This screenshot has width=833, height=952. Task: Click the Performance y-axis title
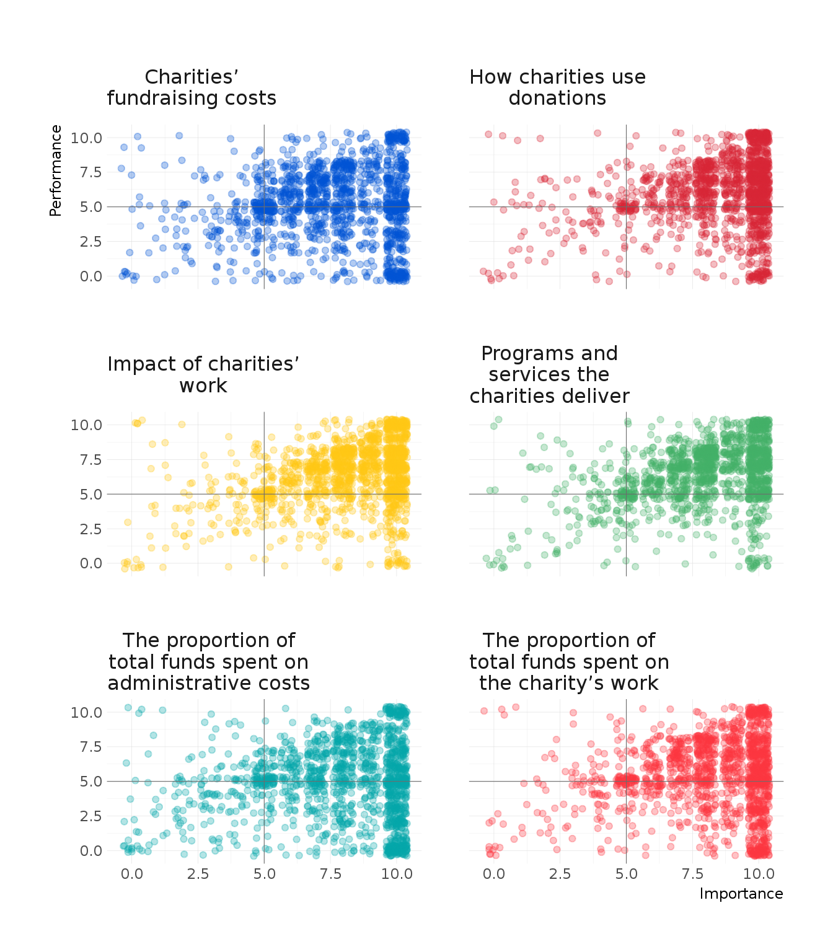[56, 170]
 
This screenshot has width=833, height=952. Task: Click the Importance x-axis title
[741, 894]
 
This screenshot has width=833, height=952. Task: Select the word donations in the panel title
[557, 99]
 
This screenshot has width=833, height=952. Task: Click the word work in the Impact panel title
[203, 386]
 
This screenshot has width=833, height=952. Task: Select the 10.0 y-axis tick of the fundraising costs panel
[86, 138]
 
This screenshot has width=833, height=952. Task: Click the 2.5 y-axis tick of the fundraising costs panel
[90, 242]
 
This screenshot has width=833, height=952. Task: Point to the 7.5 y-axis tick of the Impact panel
[90, 460]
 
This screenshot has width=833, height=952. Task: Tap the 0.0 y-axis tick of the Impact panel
[90, 563]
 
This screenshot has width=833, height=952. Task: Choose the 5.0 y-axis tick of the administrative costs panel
[90, 782]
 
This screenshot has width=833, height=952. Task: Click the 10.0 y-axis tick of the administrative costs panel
[86, 713]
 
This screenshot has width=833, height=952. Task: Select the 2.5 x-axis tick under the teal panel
[198, 874]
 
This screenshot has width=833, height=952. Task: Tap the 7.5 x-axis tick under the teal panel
[330, 874]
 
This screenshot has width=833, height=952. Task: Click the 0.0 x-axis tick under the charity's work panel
[493, 874]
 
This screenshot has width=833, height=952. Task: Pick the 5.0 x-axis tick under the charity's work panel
[626, 874]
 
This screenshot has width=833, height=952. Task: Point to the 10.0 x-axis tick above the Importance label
[759, 874]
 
